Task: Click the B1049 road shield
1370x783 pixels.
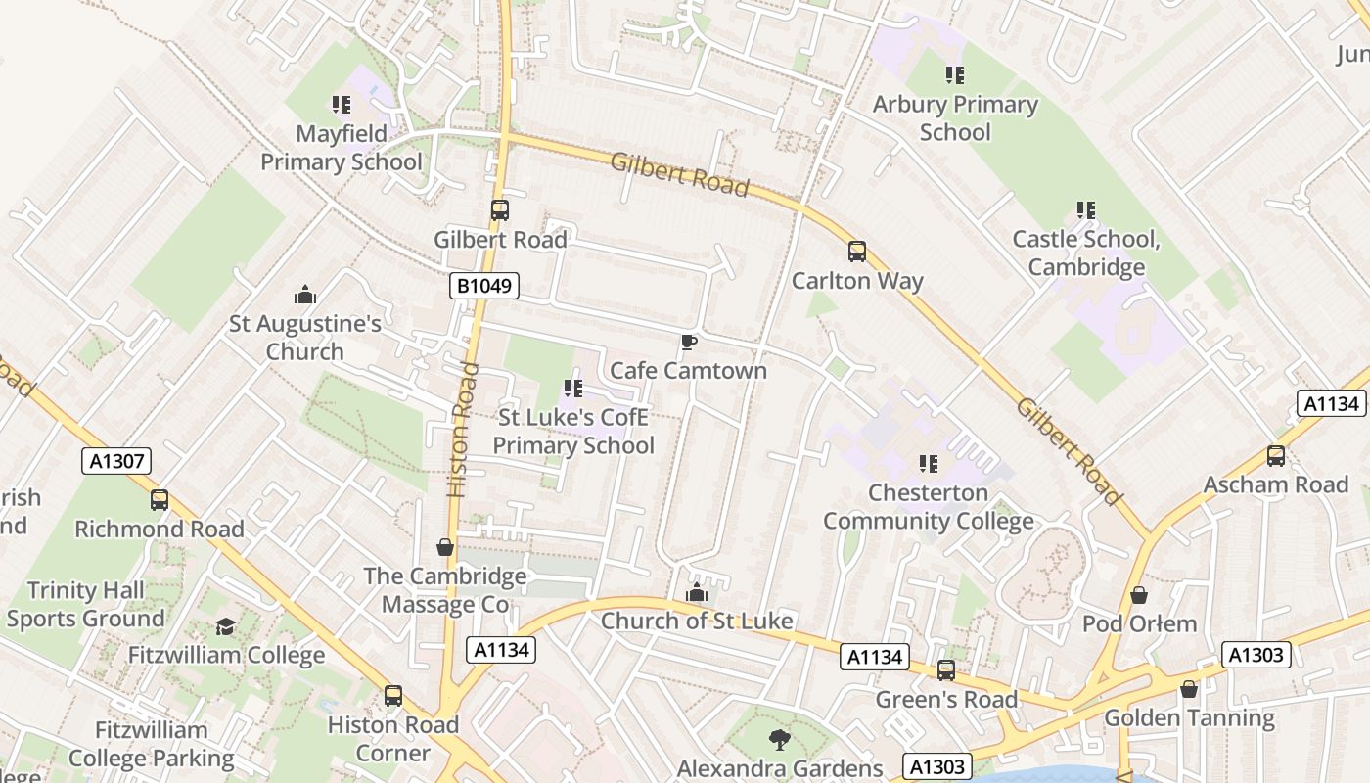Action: pyautogui.click(x=483, y=286)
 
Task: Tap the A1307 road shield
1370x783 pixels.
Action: pyautogui.click(x=116, y=461)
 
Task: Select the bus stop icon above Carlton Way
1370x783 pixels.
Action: pyautogui.click(x=857, y=252)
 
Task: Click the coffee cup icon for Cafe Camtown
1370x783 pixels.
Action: pyautogui.click(x=688, y=342)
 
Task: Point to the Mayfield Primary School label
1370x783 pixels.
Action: pyautogui.click(x=342, y=148)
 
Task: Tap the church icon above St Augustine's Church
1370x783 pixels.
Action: pyautogui.click(x=305, y=295)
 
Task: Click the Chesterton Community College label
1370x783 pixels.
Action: pyautogui.click(x=928, y=506)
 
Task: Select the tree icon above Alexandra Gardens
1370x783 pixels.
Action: pyautogui.click(x=779, y=740)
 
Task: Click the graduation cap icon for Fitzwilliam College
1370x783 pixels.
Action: pyautogui.click(x=226, y=626)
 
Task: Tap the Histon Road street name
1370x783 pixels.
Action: pyautogui.click(x=463, y=429)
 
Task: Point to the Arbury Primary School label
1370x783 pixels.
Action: pyautogui.click(x=954, y=117)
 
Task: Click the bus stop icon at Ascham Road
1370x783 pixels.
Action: pyautogui.click(x=1275, y=456)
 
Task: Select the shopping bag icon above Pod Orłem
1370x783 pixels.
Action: pyautogui.click(x=1139, y=595)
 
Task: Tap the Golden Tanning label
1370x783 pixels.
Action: pyautogui.click(x=1189, y=717)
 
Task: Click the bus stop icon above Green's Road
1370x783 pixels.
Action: pyautogui.click(x=945, y=670)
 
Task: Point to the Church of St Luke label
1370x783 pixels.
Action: pyautogui.click(x=697, y=621)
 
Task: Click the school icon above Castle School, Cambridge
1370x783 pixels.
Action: pyautogui.click(x=1085, y=210)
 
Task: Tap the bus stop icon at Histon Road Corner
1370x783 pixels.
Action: pyautogui.click(x=392, y=696)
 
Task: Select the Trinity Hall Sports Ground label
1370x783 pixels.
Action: pyautogui.click(x=85, y=604)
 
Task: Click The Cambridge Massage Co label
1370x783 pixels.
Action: pyautogui.click(x=445, y=590)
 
